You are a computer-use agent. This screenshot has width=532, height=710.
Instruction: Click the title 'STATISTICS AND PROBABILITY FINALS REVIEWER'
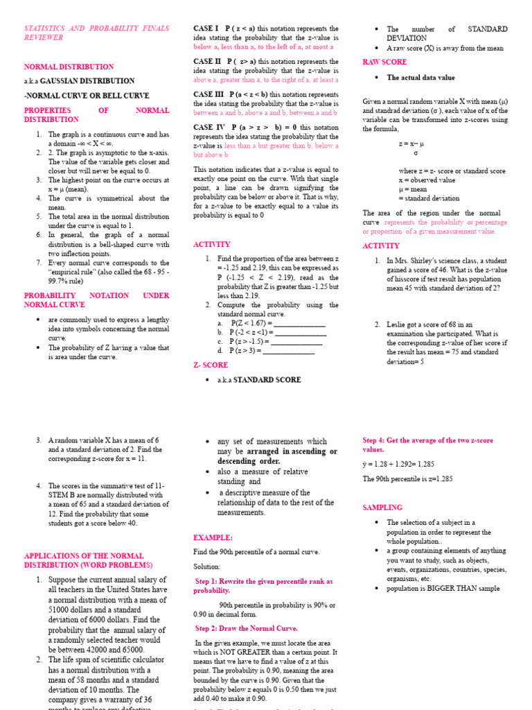96,33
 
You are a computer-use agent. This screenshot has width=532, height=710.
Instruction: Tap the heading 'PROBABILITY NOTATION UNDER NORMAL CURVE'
96,300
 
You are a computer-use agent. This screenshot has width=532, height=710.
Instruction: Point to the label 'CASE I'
206,28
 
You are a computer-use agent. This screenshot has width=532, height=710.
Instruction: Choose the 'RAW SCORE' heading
384,62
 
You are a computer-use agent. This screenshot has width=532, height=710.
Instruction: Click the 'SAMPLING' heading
382,508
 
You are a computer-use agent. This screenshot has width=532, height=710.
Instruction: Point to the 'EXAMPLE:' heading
213,537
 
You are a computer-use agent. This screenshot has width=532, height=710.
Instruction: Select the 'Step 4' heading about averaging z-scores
427,444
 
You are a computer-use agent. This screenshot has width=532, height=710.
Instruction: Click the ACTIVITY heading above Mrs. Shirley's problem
381,246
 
